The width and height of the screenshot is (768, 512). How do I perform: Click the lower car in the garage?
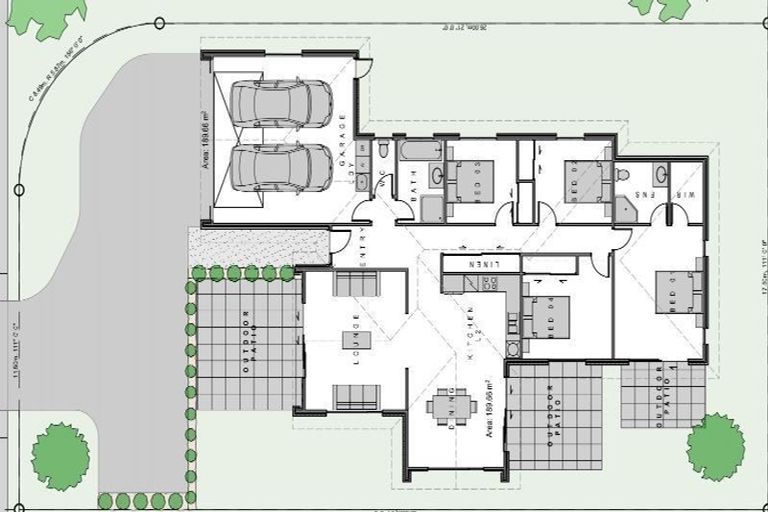click(281, 166)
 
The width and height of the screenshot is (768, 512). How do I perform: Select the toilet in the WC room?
click(384, 150)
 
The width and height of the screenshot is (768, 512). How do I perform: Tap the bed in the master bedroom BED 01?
click(683, 292)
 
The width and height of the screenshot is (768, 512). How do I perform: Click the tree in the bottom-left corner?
click(60, 456)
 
